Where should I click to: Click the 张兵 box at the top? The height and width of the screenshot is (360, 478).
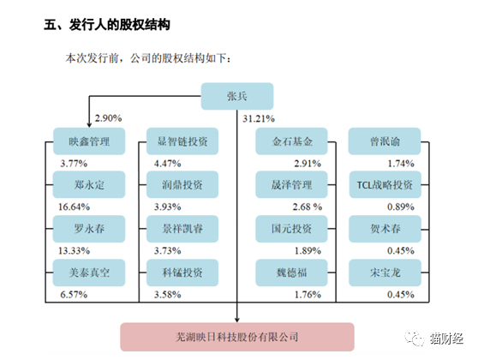(x=237, y=96)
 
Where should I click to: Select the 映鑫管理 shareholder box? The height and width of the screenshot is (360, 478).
(x=89, y=141)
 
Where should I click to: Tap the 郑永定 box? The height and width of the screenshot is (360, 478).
(x=89, y=184)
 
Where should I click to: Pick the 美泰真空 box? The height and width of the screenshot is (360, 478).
(x=89, y=273)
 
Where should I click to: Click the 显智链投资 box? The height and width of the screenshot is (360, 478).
(x=182, y=141)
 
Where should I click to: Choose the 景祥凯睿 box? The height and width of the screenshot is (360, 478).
(x=182, y=229)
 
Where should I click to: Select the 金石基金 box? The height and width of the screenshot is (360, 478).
(x=292, y=141)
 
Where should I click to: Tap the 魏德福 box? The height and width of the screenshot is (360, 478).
(x=292, y=273)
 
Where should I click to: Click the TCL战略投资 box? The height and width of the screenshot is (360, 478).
(x=385, y=184)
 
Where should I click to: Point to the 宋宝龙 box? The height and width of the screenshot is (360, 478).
(x=385, y=273)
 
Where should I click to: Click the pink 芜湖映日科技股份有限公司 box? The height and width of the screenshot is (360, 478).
(x=237, y=337)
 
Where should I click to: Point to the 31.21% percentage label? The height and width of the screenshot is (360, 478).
(x=259, y=118)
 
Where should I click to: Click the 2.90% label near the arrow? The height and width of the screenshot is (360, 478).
(x=108, y=118)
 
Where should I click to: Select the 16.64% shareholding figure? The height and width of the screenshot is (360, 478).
(x=74, y=207)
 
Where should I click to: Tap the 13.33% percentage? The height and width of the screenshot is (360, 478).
(x=74, y=251)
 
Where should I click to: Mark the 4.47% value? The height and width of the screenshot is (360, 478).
(x=167, y=164)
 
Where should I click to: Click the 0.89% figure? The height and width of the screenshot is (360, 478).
(x=401, y=207)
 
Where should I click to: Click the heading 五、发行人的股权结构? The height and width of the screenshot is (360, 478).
(x=107, y=25)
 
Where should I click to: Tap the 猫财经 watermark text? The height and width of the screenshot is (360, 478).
(x=446, y=339)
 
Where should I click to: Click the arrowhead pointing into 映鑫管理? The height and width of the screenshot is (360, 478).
(x=89, y=125)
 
